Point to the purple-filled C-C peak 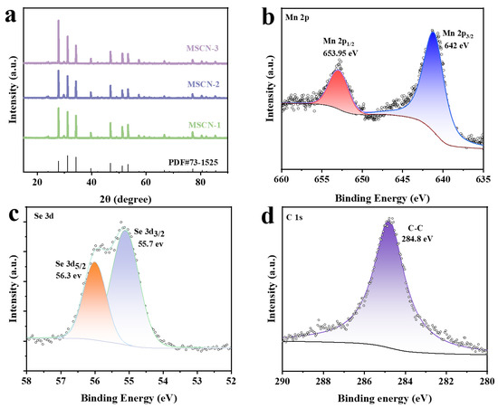point(390,289)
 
